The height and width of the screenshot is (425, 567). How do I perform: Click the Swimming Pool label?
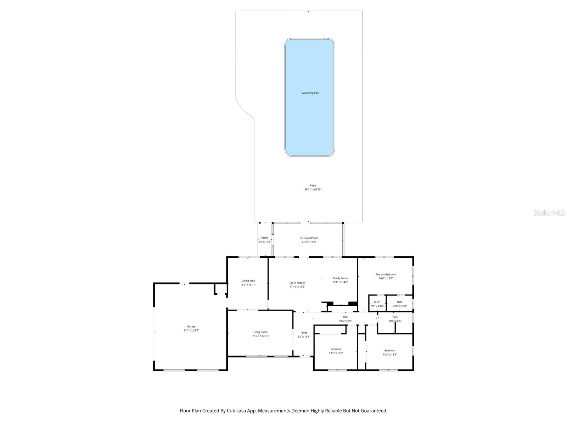pos(310,93)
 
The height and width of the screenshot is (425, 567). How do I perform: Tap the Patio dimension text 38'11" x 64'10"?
pos(313,189)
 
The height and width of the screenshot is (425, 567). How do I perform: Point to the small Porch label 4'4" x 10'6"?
pos(264,240)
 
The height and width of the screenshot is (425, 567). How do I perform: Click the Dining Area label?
pos(248,283)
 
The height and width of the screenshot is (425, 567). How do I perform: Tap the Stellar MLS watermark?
pos(549,213)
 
